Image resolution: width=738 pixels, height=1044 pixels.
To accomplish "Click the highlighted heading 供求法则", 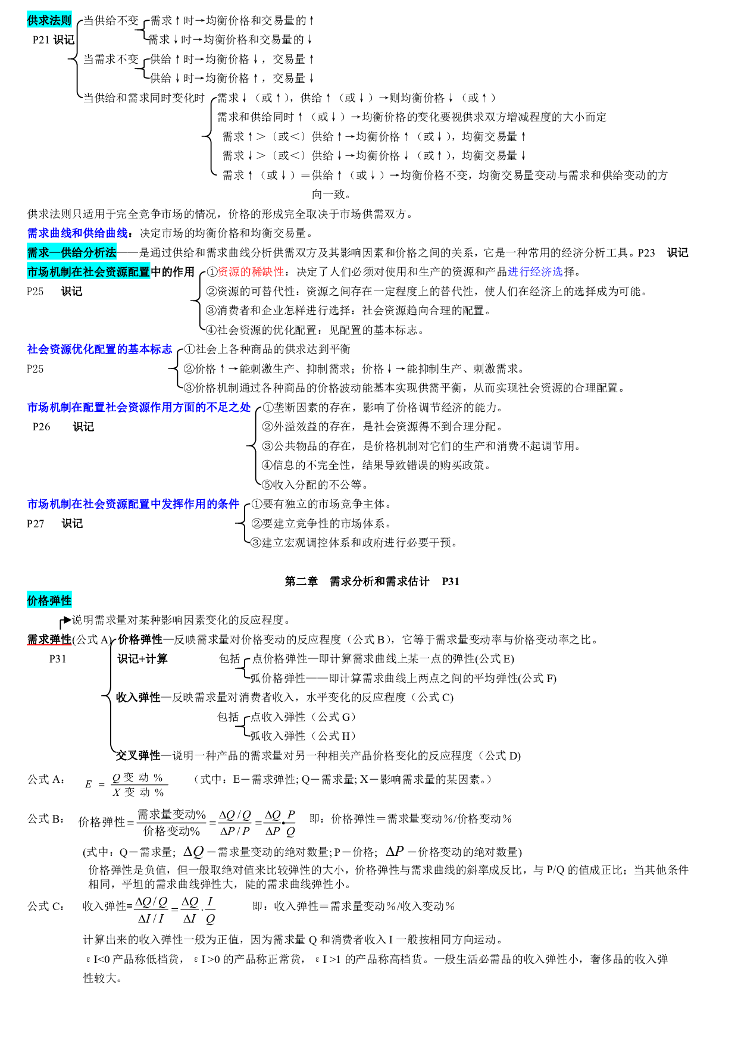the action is click(49, 20).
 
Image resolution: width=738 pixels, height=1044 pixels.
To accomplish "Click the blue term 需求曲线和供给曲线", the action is click(77, 233).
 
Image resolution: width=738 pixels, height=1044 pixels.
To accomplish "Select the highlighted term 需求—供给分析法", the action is click(71, 252).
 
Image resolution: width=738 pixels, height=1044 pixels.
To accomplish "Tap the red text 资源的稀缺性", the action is click(251, 272).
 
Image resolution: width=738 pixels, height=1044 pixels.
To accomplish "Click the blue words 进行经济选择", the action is click(535, 272).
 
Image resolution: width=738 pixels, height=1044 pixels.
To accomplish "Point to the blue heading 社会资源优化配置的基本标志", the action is click(99, 349).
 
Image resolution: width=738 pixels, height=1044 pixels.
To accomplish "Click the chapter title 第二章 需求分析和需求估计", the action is click(357, 582).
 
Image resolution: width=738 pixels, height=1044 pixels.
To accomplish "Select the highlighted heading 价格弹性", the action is click(49, 601).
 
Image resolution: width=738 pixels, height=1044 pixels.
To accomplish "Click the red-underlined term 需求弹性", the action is click(49, 639).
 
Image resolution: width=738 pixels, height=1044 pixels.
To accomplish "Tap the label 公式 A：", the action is click(46, 780).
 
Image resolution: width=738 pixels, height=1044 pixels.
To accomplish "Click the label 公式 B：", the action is click(46, 819).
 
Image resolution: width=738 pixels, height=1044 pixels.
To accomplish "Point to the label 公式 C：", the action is click(46, 906).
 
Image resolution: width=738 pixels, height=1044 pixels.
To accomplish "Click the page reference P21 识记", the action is click(54, 40).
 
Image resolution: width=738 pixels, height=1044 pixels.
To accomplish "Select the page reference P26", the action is click(41, 427).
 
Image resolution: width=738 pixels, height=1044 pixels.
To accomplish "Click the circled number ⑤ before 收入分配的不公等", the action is click(267, 485).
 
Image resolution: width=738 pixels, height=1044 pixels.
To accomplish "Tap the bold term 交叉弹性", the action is click(138, 755).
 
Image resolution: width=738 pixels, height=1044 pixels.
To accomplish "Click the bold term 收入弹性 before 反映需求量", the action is click(138, 698).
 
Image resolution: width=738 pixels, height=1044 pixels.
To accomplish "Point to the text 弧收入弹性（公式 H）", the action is click(302, 736).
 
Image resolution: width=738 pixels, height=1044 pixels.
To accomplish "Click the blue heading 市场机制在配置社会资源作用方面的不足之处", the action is click(139, 407).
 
